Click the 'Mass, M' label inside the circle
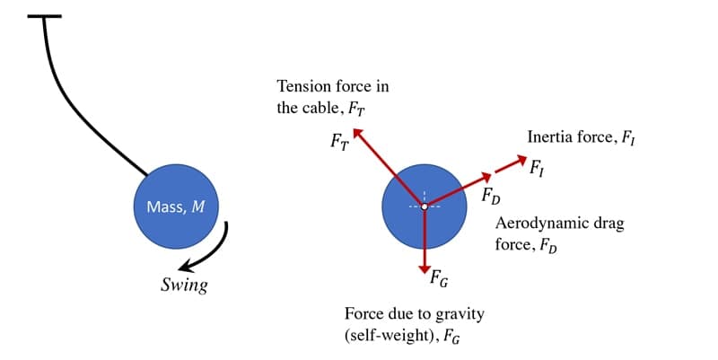tap(175, 207)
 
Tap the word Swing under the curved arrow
tap(183, 286)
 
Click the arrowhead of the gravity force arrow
tap(424, 269)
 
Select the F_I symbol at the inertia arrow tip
tap(536, 168)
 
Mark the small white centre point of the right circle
tap(424, 206)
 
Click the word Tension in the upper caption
tap(302, 86)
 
